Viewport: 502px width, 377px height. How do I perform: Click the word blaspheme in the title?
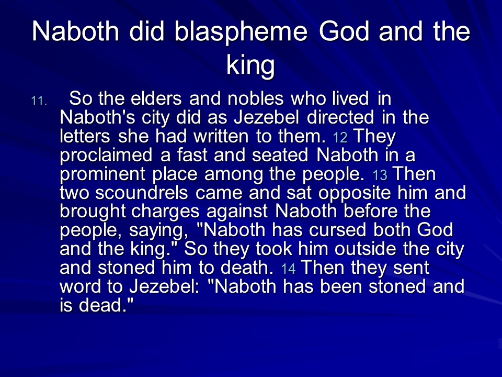coord(241,32)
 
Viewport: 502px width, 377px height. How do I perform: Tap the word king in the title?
coord(250,66)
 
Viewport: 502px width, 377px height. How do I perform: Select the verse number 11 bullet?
coord(39,101)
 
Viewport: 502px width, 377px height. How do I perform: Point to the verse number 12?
coord(340,138)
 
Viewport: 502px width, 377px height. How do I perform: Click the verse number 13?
coord(380,175)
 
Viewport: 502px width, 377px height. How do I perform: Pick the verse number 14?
coord(288,269)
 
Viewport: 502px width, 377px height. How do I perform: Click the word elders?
coord(156,98)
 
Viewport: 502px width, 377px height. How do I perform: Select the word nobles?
coord(256,98)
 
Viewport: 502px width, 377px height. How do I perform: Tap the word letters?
coord(85,136)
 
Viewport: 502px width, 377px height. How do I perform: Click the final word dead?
coord(105,305)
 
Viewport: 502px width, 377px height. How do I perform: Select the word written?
coord(221,136)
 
